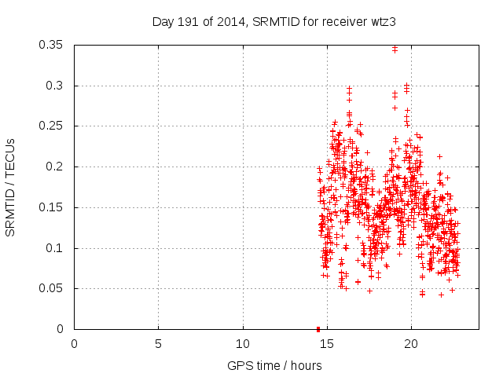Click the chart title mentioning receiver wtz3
tap(274, 22)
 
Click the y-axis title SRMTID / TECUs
tap(11, 187)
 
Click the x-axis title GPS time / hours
tap(274, 365)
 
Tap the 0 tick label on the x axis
tap(74, 343)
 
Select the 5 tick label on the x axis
tap(158, 343)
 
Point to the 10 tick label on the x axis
tap(243, 343)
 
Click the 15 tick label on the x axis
tap(327, 343)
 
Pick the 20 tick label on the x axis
tap(411, 343)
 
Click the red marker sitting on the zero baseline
tap(318, 328)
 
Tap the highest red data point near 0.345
tap(395, 49)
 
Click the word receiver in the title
tap(346, 22)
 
